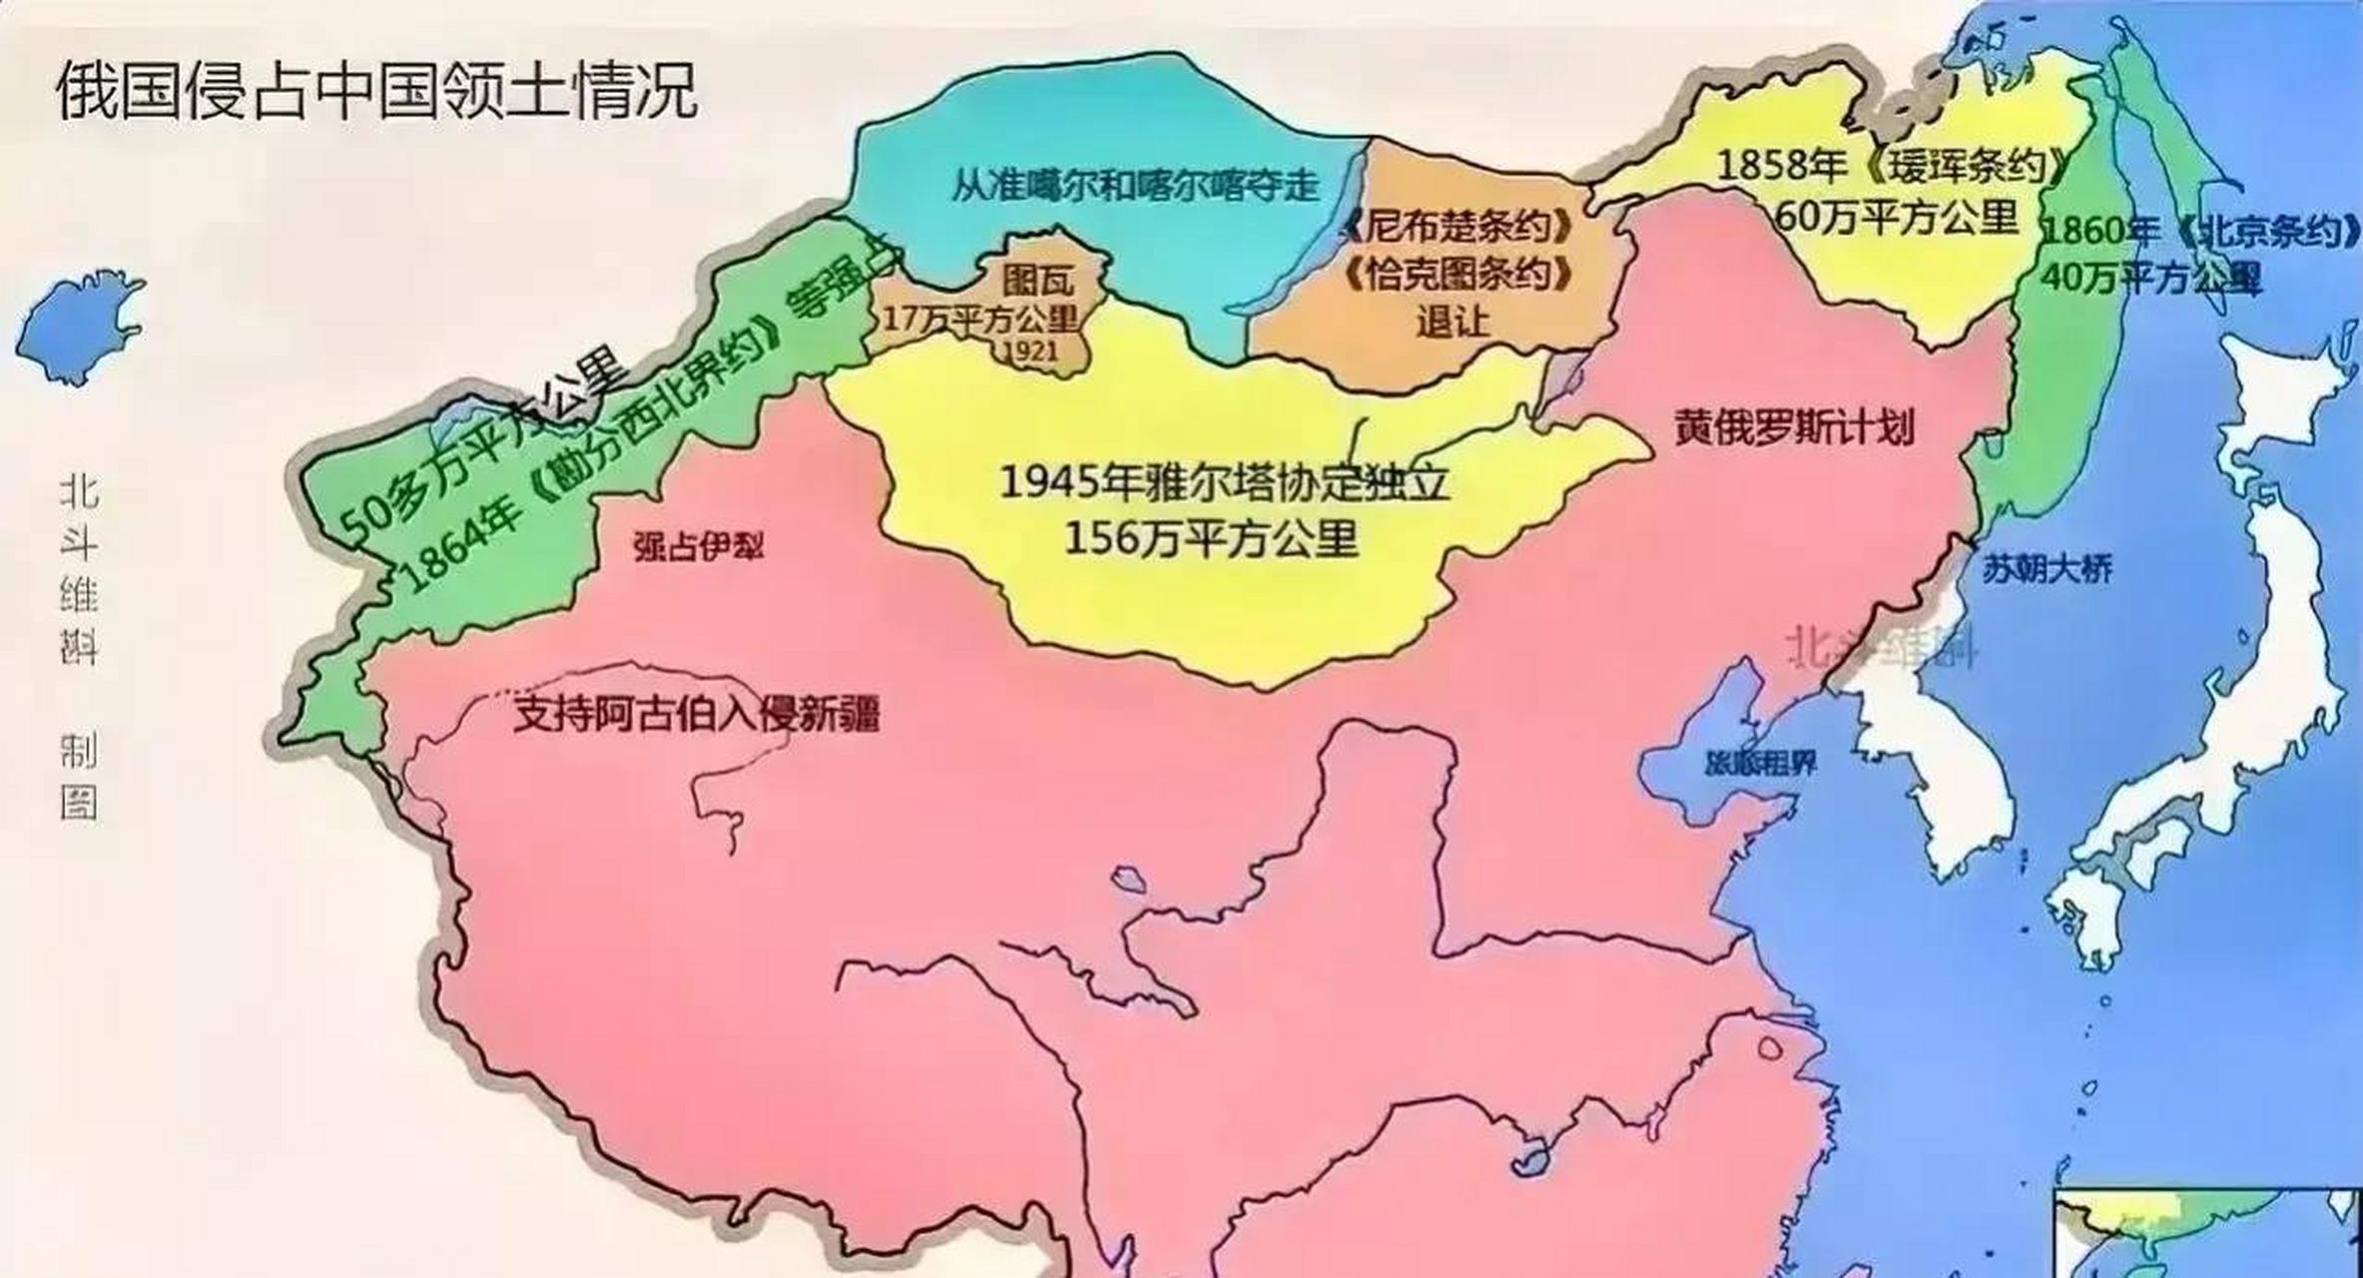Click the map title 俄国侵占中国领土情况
376,92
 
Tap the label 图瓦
1038,280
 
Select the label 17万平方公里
980,319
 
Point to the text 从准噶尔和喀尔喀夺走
1135,186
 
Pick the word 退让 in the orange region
1453,321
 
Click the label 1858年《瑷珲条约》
1890,166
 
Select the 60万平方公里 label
1897,217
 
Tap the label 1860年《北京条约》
2196,232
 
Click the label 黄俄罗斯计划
1794,429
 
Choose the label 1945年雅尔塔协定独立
1224,484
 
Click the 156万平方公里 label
1211,539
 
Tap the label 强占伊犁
698,546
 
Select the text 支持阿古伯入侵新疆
697,714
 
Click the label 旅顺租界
1760,765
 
